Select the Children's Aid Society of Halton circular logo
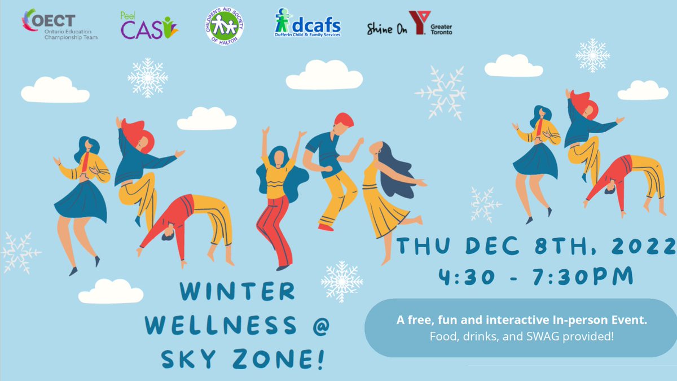click(225, 26)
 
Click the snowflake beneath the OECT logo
click(147, 78)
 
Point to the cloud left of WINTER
click(111, 292)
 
